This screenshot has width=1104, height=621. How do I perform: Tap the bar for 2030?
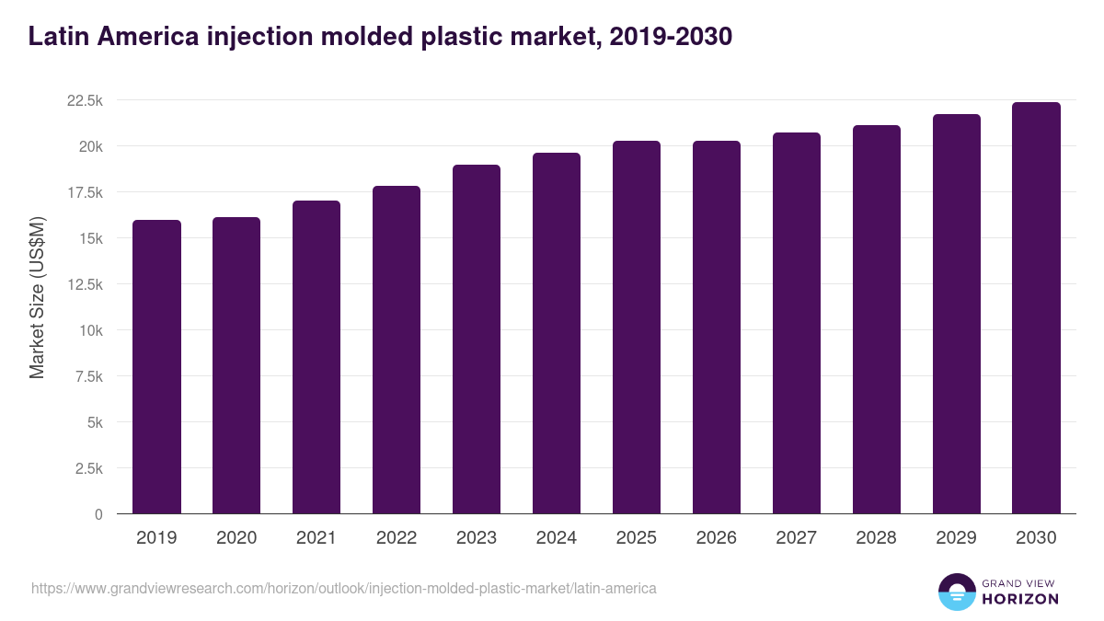click(1036, 307)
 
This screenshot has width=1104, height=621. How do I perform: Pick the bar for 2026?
click(716, 327)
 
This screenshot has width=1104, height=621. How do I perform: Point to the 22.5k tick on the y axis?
click(85, 100)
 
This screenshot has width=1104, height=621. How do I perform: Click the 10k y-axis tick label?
click(90, 330)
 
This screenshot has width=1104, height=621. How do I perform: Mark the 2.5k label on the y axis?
click(88, 468)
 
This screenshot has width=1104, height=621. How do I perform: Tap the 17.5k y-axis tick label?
click(85, 192)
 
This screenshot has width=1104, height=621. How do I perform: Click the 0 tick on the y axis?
click(98, 514)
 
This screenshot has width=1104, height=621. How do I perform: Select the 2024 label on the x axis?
click(557, 538)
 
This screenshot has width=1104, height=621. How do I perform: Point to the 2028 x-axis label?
click(876, 538)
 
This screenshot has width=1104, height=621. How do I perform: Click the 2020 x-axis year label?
click(236, 538)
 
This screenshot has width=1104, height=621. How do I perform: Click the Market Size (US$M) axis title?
click(37, 297)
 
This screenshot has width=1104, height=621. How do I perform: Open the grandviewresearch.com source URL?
click(344, 588)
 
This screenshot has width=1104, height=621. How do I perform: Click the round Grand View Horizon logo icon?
click(956, 592)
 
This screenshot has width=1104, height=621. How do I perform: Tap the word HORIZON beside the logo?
click(1019, 599)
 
